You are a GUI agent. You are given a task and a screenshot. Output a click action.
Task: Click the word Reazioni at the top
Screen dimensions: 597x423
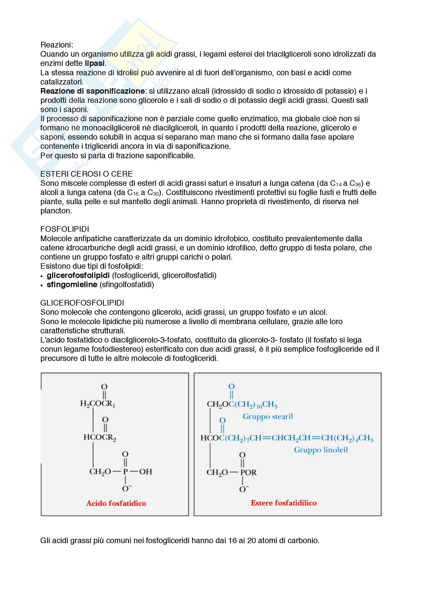(57, 45)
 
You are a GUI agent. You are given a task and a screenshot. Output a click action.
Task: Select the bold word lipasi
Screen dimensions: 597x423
(95, 63)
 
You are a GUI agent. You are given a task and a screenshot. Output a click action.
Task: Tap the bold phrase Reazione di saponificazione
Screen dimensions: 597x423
(93, 91)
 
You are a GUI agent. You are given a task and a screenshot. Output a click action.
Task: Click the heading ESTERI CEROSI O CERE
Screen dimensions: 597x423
(86, 174)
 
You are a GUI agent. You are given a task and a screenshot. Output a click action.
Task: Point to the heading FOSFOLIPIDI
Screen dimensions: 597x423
(65, 229)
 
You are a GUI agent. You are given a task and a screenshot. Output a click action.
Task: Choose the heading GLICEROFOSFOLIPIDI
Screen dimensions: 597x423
(82, 303)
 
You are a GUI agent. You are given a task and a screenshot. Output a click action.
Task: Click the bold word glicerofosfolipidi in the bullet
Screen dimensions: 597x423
(78, 275)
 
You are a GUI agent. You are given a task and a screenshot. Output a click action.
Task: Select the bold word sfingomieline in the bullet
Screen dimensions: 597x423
(72, 285)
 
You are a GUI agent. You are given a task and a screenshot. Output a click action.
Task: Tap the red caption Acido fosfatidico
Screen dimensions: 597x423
(116, 503)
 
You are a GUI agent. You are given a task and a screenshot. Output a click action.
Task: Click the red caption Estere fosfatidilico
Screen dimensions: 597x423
(284, 503)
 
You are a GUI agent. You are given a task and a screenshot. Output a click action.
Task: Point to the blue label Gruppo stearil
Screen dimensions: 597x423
(268, 417)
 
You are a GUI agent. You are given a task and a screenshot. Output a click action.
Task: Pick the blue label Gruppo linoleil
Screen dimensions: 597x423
(321, 450)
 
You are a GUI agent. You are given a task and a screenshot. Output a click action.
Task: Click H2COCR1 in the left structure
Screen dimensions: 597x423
(97, 404)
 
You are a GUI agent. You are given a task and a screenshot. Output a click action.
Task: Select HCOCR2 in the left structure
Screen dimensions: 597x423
(99, 437)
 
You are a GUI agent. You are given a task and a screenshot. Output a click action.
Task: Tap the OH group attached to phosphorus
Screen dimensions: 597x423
(146, 472)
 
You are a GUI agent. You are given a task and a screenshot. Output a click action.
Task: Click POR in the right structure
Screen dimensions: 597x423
(248, 472)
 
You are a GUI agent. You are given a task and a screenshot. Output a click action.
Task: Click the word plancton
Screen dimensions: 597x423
(56, 211)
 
